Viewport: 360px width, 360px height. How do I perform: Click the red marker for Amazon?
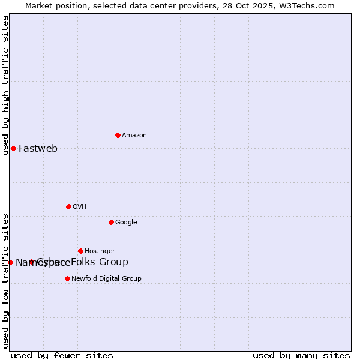tap(118, 135)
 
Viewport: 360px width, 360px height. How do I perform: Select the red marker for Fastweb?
tap(13, 148)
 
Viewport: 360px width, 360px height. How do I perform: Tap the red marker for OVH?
tap(68, 206)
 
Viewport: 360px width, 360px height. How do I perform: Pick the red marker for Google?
tap(111, 222)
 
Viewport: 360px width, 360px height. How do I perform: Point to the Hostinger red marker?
tap(80, 251)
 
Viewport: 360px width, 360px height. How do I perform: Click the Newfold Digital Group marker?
tap(67, 278)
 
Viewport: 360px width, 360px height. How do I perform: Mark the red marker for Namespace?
tap(10, 262)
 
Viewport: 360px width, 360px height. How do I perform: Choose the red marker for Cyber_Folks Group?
tap(31, 262)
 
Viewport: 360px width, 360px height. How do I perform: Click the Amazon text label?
tap(134, 136)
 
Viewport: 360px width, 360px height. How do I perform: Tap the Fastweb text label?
tap(38, 149)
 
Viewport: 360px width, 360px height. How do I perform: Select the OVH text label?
tap(80, 207)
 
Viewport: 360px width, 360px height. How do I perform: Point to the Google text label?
tap(126, 223)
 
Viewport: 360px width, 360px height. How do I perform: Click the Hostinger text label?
tap(100, 251)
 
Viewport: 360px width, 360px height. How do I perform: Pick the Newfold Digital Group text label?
tap(106, 279)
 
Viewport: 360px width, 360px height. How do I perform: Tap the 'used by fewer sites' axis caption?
tap(62, 355)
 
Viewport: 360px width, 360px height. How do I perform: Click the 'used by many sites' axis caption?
tap(301, 355)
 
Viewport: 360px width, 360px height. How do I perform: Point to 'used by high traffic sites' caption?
tap(6, 85)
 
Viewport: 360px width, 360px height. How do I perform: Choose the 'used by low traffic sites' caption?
tap(6, 281)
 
